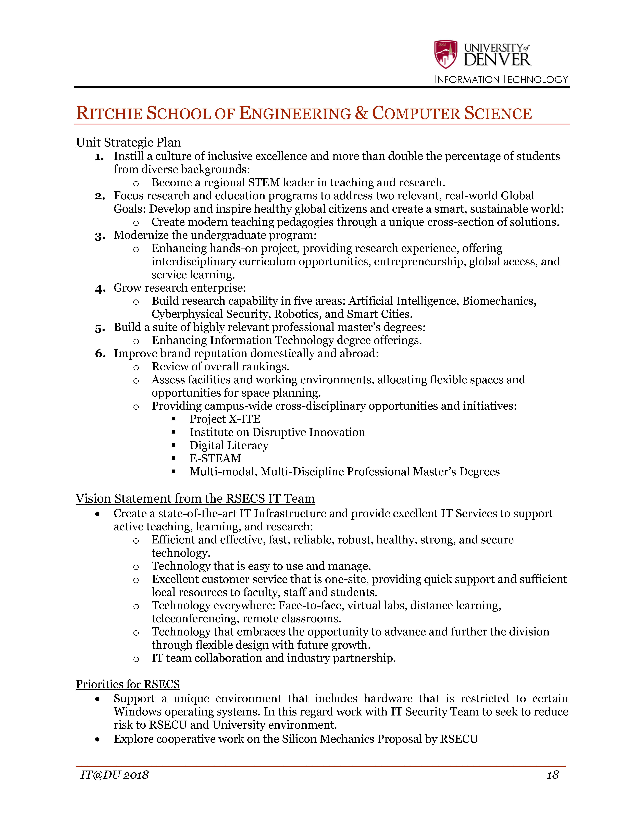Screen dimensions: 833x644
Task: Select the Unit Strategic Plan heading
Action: (x=128, y=142)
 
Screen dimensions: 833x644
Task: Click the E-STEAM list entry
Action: (x=215, y=458)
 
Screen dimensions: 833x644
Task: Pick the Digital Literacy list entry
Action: (x=229, y=446)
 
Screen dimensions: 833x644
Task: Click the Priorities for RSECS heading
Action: (x=127, y=684)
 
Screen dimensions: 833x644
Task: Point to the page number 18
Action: (x=552, y=775)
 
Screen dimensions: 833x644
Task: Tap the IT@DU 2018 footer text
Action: (x=114, y=775)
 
